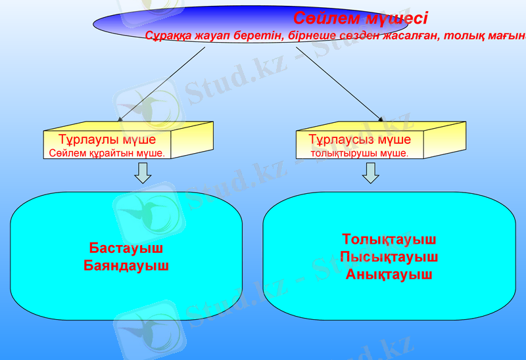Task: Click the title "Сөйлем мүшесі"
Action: click(x=360, y=18)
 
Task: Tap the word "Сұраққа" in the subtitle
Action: click(x=168, y=35)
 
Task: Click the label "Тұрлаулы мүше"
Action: click(x=107, y=140)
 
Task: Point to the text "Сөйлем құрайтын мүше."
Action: click(x=107, y=153)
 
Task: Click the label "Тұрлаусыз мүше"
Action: click(x=360, y=140)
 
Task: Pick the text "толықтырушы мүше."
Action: click(x=360, y=153)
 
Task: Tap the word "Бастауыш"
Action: click(x=126, y=249)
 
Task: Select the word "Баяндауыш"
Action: click(x=126, y=266)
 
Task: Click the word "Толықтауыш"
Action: click(x=389, y=240)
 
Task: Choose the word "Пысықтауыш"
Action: click(x=389, y=257)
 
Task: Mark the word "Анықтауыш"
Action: click(x=389, y=275)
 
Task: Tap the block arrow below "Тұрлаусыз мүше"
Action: click(x=371, y=173)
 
